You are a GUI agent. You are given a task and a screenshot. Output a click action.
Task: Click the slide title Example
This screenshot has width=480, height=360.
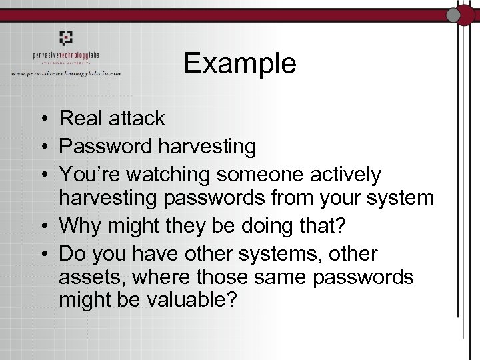(x=240, y=63)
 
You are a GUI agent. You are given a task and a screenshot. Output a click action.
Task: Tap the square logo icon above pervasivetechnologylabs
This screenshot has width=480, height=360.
(x=65, y=38)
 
